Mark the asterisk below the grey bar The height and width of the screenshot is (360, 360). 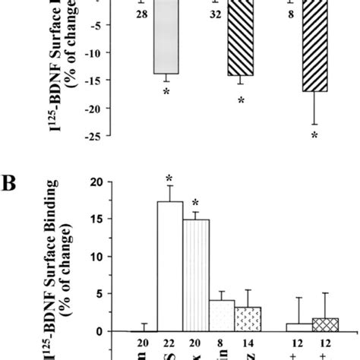166,92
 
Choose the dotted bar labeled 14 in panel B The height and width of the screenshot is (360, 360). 248,319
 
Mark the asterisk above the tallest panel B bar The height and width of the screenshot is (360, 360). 170,179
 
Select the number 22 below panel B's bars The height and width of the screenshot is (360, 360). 169,344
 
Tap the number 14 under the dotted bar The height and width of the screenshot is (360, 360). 248,344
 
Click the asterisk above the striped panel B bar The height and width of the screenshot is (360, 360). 196,202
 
